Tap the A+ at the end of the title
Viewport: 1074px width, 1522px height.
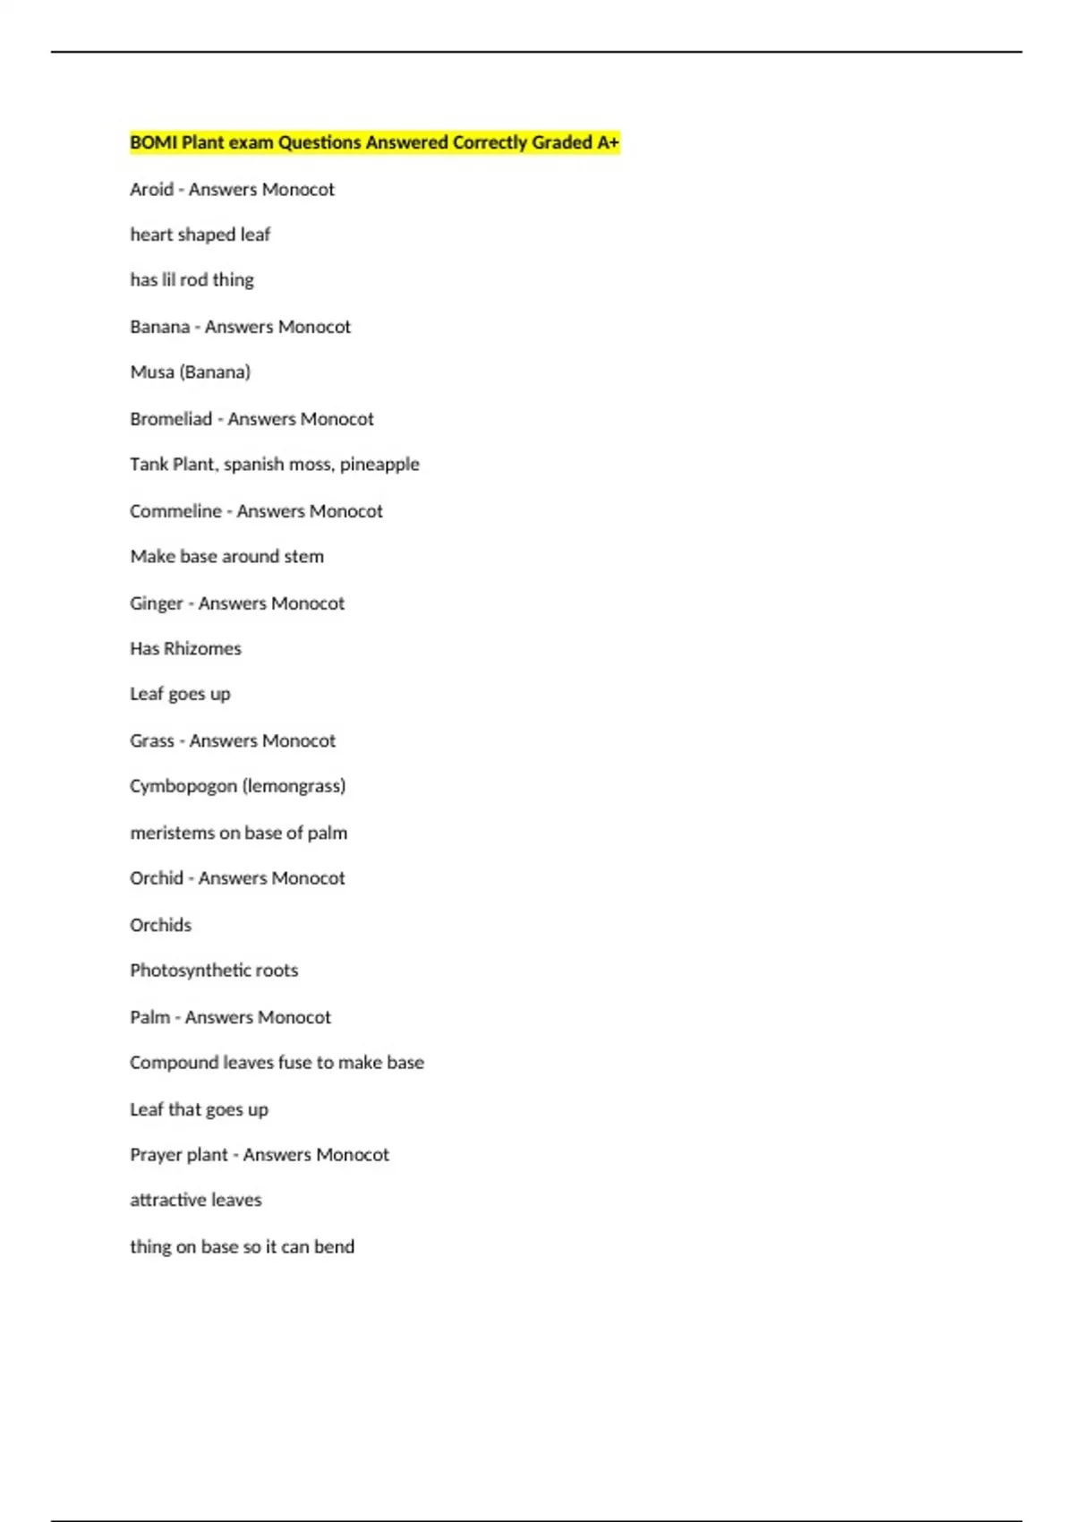(x=608, y=142)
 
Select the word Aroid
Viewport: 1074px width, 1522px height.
(x=151, y=190)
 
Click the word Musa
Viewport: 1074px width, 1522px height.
(x=152, y=372)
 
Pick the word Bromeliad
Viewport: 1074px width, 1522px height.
(x=171, y=419)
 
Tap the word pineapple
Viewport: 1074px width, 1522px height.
(x=379, y=465)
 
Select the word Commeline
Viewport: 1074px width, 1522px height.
(x=175, y=511)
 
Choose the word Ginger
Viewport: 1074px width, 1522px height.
(x=157, y=603)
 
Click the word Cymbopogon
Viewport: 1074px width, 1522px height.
(x=183, y=787)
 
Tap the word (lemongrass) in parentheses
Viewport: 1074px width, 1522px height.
(x=294, y=787)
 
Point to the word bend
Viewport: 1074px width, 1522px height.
(x=334, y=1247)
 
